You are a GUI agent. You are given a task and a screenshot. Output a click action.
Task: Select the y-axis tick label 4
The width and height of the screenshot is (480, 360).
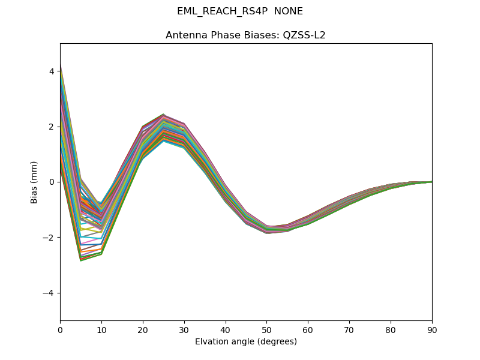(52, 71)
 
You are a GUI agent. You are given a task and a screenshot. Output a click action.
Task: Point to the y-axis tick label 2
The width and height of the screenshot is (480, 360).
(52, 127)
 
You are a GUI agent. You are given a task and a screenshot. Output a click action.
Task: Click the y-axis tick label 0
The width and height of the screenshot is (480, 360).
(52, 182)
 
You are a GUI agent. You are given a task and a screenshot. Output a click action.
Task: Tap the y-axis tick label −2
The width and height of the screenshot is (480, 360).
(50, 238)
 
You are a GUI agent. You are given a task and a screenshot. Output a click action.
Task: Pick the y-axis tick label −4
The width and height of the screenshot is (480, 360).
(50, 293)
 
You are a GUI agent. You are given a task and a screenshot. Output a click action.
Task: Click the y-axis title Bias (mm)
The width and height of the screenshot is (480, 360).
(34, 182)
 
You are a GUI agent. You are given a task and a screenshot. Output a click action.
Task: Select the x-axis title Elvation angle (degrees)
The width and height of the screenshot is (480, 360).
(246, 341)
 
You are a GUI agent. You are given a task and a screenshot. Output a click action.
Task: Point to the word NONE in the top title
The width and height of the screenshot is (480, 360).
(289, 11)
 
